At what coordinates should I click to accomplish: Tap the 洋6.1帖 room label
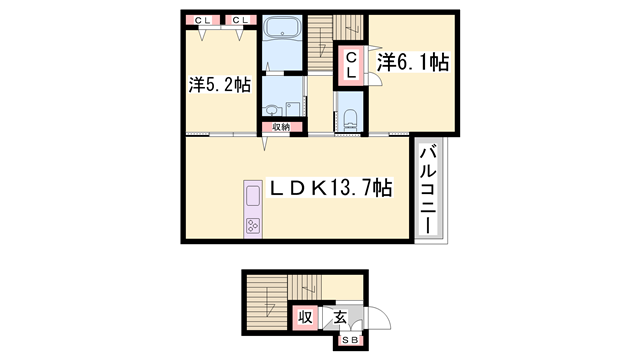[x=412, y=63]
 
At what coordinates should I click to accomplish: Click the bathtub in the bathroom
[x=285, y=29]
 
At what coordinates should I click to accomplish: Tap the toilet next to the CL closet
[x=349, y=118]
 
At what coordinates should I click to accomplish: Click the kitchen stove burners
[x=251, y=226]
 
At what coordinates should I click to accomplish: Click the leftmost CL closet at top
[x=203, y=20]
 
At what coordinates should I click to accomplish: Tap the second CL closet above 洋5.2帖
[x=241, y=20]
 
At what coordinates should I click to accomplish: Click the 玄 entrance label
[x=340, y=318]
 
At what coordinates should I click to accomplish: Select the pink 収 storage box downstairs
[x=306, y=318]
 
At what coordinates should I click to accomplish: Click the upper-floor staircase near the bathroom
[x=321, y=40]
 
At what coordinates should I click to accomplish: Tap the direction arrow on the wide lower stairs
[x=268, y=305]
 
